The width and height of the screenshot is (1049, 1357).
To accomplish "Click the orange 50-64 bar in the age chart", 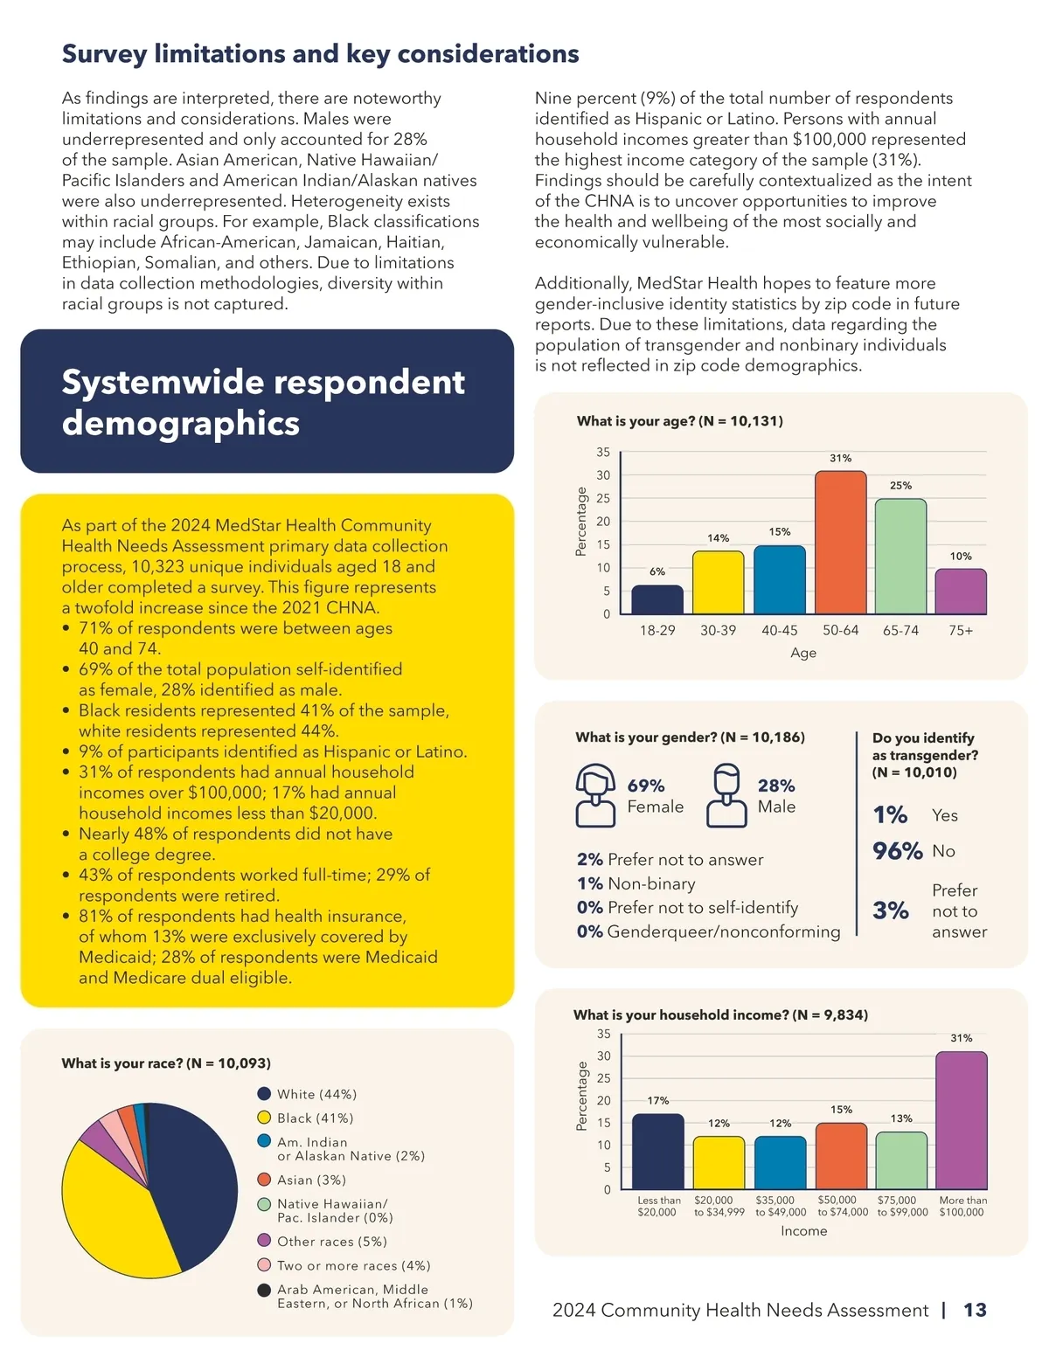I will pyautogui.click(x=840, y=543).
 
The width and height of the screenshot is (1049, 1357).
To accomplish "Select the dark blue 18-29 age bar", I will pyautogui.click(x=657, y=599).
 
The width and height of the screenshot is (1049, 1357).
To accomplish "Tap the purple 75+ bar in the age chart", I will pyautogui.click(x=961, y=592).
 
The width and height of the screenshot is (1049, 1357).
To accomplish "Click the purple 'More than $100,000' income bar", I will pyautogui.click(x=962, y=1120).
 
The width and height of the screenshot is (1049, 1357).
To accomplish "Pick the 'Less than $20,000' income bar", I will pyautogui.click(x=657, y=1152).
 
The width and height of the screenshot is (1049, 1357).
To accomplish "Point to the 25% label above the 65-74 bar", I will pyautogui.click(x=900, y=485).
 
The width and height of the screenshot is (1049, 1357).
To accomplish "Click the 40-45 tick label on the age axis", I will pyautogui.click(x=779, y=630).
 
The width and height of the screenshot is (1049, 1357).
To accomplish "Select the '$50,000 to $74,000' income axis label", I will pyautogui.click(x=842, y=1206).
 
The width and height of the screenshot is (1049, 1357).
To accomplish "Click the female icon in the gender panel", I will pyautogui.click(x=595, y=795).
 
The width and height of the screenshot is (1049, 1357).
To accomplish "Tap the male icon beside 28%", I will pyautogui.click(x=726, y=795).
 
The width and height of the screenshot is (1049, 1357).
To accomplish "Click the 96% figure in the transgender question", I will pyautogui.click(x=897, y=851).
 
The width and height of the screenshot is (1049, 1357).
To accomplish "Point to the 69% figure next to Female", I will pyautogui.click(x=646, y=786).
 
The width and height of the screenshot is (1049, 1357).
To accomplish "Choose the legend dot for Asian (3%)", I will pyautogui.click(x=264, y=1180).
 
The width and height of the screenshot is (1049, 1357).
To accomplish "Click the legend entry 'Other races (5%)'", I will pyautogui.click(x=331, y=1242).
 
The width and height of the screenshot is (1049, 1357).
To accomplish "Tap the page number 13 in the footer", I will pyautogui.click(x=975, y=1310).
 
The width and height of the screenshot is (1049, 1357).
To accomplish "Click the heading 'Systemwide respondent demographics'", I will pyautogui.click(x=263, y=402).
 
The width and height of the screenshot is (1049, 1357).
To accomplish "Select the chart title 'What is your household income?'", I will pyautogui.click(x=720, y=1014).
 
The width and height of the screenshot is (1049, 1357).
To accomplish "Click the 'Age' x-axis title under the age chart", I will pyautogui.click(x=802, y=653).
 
